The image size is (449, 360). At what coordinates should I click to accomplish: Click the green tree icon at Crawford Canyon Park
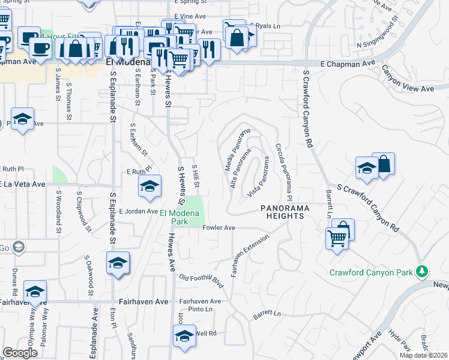423,272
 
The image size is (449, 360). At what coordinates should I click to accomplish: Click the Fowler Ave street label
218,228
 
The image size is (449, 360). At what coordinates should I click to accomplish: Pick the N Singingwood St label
378,35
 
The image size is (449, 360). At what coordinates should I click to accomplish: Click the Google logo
20,353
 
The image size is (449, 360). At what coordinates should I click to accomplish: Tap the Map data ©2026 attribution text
423,355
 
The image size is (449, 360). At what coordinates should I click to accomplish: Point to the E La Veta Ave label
23,184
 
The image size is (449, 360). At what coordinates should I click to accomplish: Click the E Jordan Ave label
138,211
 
